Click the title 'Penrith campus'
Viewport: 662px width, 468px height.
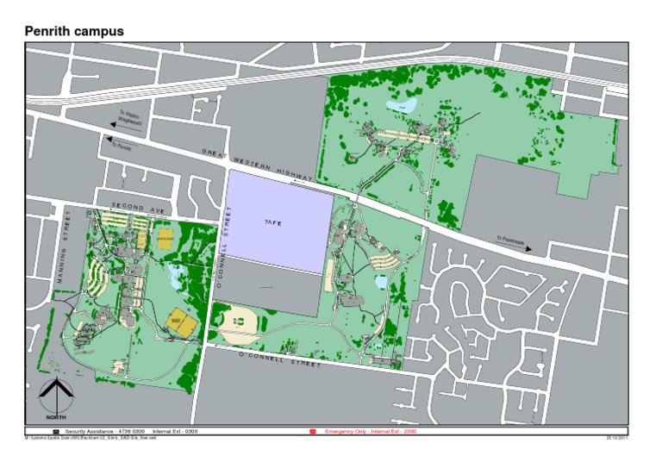tap(74, 31)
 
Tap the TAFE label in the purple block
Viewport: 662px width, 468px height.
tap(272, 222)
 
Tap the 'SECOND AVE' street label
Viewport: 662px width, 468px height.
tap(137, 208)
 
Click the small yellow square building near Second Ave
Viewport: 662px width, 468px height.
tap(165, 238)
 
